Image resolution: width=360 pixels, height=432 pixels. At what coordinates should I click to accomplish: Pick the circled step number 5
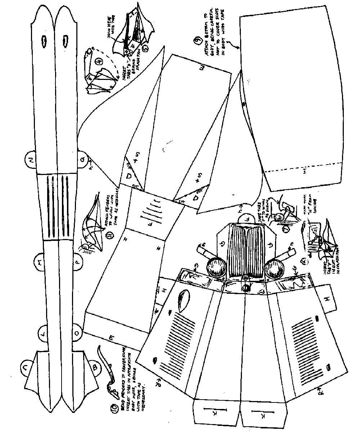click(x=145, y=48)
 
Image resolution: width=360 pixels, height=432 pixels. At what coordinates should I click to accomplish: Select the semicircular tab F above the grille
click(x=246, y=218)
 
